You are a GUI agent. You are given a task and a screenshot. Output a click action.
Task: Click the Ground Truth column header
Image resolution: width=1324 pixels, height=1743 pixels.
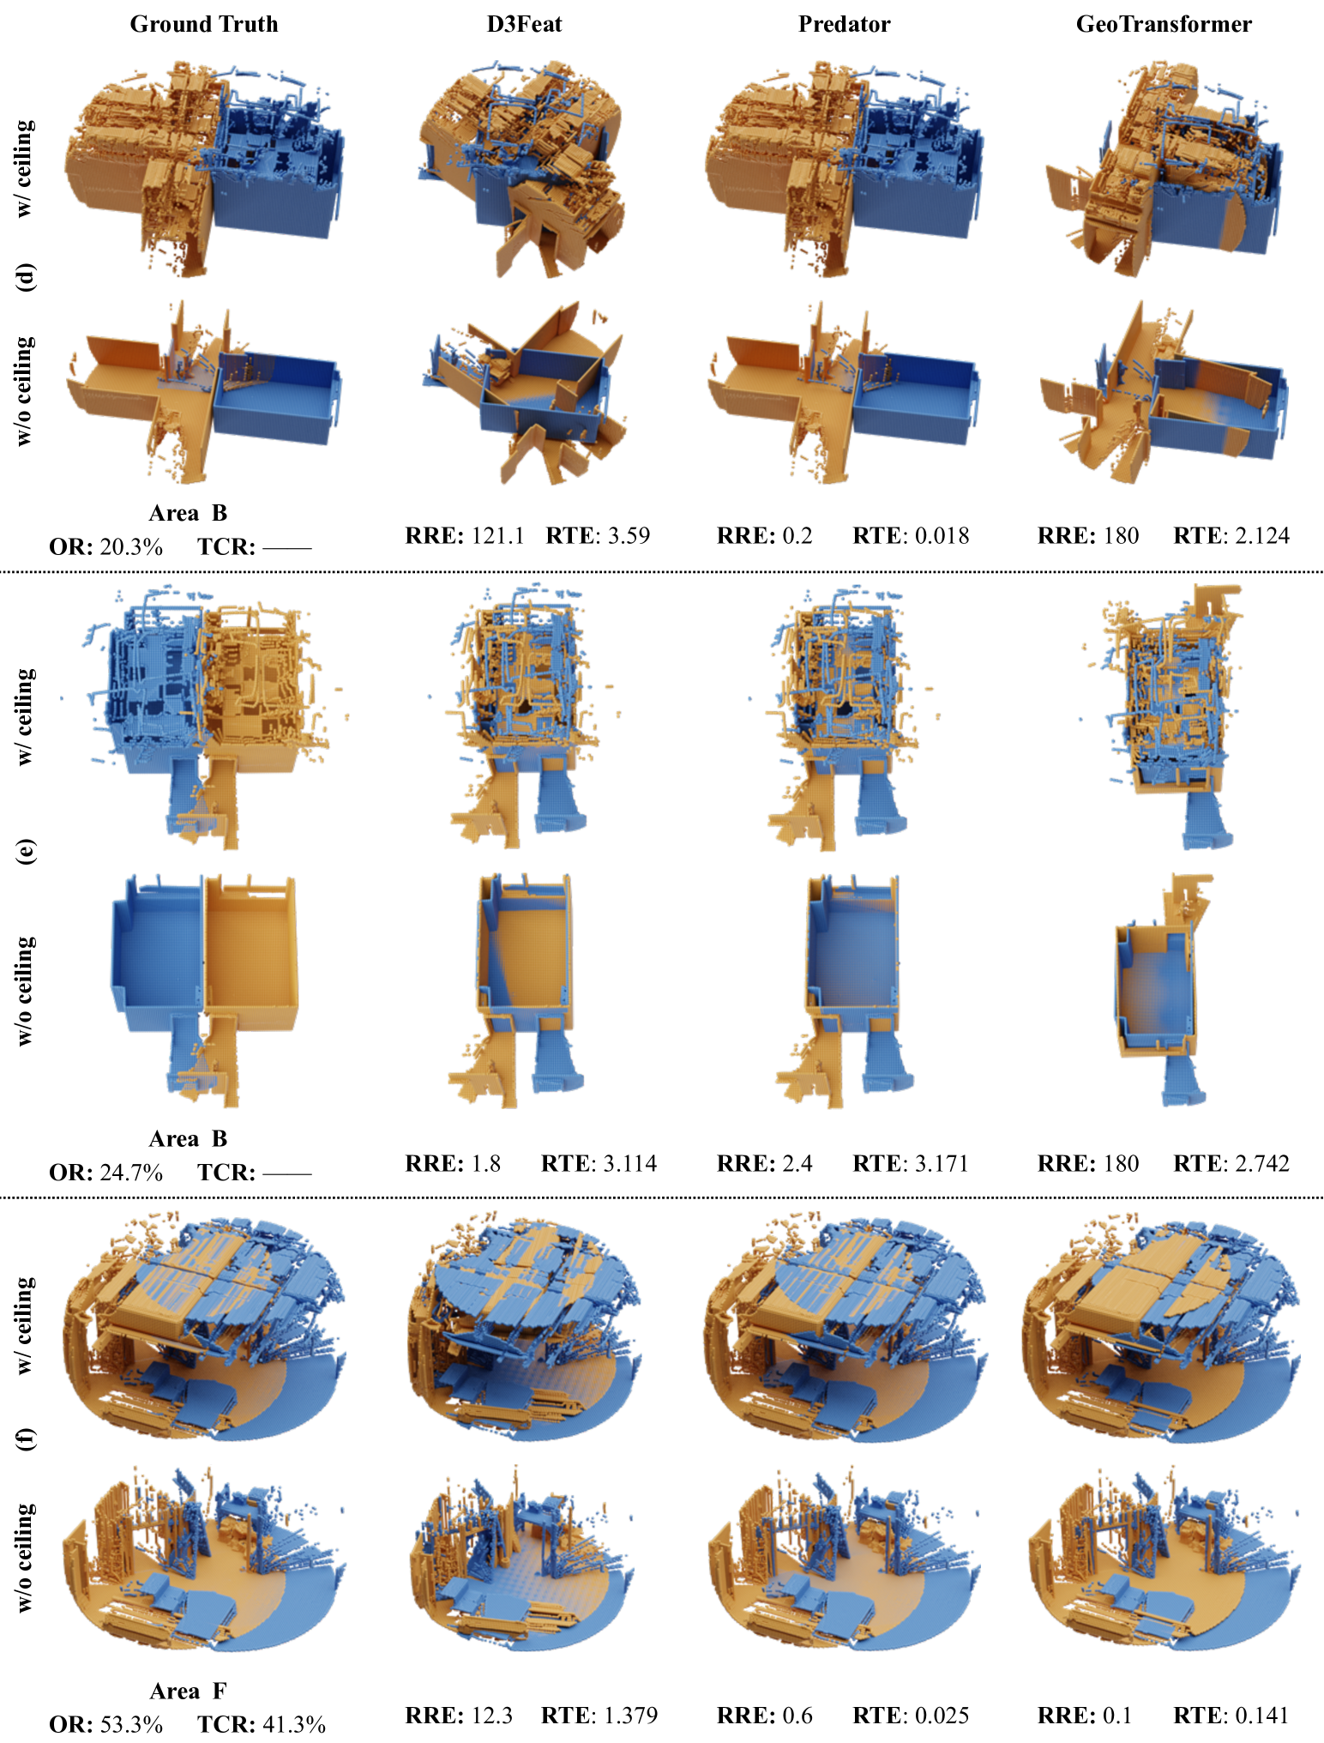[x=204, y=24]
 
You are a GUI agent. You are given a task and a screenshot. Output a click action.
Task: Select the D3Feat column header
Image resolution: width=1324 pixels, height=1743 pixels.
[x=524, y=24]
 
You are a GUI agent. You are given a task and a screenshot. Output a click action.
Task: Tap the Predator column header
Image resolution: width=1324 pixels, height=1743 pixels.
[x=844, y=24]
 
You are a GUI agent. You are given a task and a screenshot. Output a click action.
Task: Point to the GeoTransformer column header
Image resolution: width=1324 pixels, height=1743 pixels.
[x=1164, y=24]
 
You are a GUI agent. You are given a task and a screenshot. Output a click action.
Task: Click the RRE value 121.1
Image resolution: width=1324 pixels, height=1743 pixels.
[x=497, y=536]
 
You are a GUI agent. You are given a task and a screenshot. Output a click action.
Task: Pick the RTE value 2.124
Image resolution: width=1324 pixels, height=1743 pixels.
[x=1261, y=536]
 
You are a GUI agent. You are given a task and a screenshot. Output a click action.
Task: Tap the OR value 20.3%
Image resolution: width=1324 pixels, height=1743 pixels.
[x=131, y=547]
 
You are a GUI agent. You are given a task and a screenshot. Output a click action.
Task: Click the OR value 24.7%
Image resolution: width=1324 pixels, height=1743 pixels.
[x=131, y=1173]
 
